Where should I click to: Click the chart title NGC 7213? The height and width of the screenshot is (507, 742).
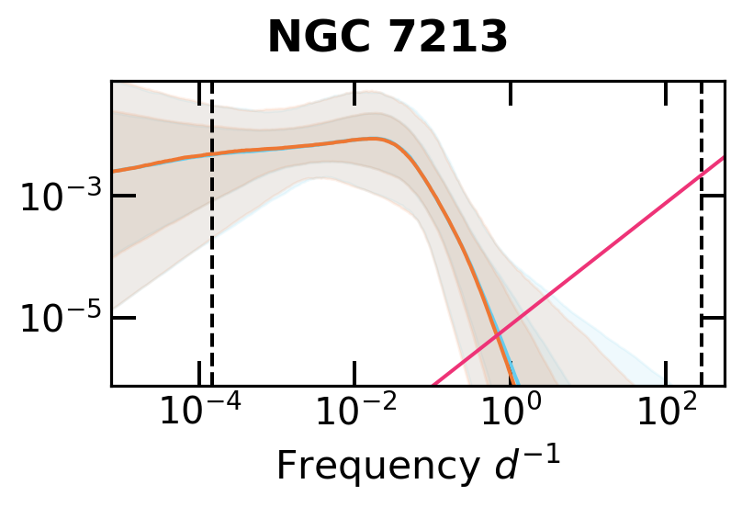tap(387, 38)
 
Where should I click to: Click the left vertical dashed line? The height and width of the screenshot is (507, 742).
tap(212, 276)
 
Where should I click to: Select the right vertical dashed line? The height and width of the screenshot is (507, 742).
tap(702, 276)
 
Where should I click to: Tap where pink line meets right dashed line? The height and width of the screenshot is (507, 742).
tap(702, 175)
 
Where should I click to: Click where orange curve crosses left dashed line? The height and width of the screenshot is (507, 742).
tap(212, 154)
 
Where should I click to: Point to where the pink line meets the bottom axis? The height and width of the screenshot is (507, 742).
tap(433, 385)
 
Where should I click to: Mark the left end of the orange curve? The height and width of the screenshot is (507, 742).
tap(113, 171)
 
